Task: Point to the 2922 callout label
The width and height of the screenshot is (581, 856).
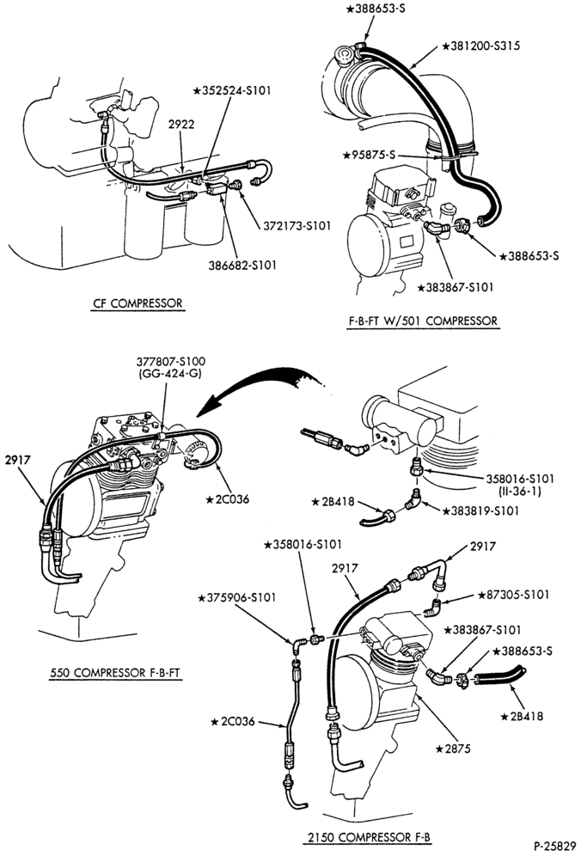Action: [181, 125]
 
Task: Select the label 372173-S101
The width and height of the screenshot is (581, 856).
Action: [297, 225]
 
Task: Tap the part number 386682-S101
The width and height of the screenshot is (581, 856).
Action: [242, 266]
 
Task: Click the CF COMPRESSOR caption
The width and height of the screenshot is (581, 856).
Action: [138, 303]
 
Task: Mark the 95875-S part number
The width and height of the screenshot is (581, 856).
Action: [369, 156]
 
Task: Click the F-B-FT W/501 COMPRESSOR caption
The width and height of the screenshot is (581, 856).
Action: [423, 321]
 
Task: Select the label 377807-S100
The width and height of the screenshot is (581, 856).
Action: [171, 362]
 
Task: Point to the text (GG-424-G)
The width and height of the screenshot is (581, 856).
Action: [171, 374]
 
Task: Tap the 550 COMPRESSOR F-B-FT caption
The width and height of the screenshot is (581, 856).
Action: [114, 673]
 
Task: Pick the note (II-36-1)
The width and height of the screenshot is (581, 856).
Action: [520, 492]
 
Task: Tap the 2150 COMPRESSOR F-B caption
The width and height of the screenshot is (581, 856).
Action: [369, 837]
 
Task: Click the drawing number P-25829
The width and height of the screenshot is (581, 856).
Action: [554, 847]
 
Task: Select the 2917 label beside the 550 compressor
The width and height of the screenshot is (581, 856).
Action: [17, 460]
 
